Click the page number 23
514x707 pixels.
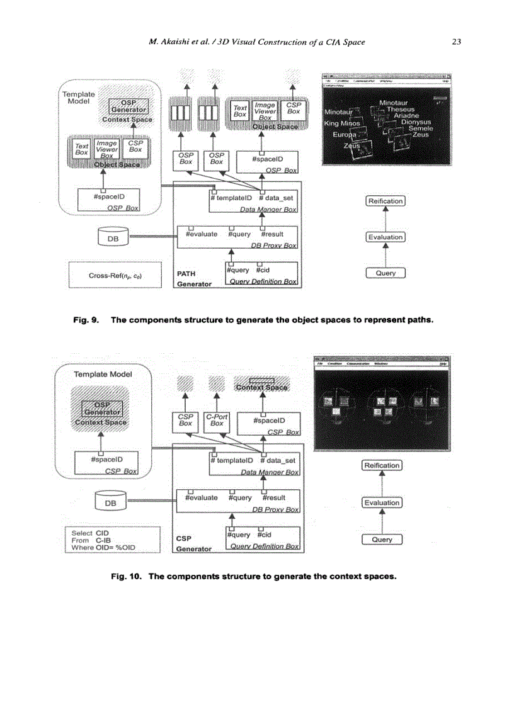click(457, 42)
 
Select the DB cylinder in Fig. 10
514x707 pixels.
click(110, 502)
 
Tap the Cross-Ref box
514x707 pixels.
click(115, 275)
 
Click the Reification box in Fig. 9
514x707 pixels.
click(385, 201)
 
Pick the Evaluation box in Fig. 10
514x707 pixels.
click(382, 502)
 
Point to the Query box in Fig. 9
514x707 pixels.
click(385, 273)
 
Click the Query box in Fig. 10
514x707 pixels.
click(382, 540)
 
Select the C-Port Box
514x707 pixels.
click(217, 420)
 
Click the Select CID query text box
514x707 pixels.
click(113, 540)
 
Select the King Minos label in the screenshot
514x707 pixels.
click(341, 123)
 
